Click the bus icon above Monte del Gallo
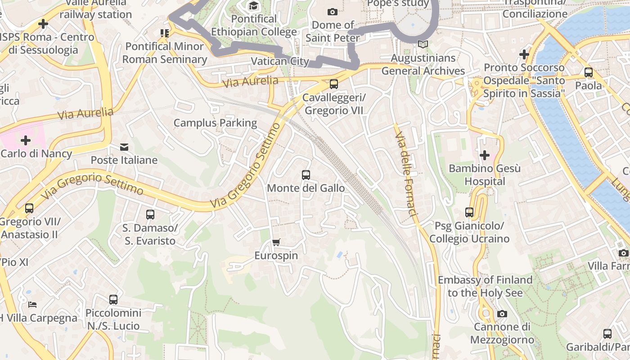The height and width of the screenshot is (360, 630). pyautogui.click(x=306, y=175)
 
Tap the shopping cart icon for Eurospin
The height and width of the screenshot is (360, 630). pyautogui.click(x=276, y=243)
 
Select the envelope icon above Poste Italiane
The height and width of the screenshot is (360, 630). pyautogui.click(x=124, y=147)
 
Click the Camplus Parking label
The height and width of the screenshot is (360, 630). pyautogui.click(x=215, y=123)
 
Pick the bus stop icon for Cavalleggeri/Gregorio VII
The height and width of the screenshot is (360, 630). pyautogui.click(x=333, y=84)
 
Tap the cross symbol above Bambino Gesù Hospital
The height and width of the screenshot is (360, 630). pyautogui.click(x=485, y=156)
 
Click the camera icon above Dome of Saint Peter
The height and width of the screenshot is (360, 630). pyautogui.click(x=333, y=12)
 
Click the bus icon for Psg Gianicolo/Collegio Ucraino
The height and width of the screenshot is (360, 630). pyautogui.click(x=469, y=212)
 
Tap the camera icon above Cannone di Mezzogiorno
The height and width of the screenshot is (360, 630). pyautogui.click(x=502, y=314)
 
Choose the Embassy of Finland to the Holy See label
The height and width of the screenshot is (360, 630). pyautogui.click(x=485, y=286)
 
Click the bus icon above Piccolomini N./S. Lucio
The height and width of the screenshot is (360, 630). pyautogui.click(x=113, y=300)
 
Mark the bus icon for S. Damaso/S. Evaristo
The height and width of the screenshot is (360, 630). pyautogui.click(x=150, y=215)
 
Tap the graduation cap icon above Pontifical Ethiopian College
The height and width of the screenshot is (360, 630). pyautogui.click(x=254, y=6)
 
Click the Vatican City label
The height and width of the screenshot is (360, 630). pyautogui.click(x=280, y=61)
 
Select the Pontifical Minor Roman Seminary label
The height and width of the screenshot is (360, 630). pyautogui.click(x=165, y=53)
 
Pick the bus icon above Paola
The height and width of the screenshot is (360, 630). pyautogui.click(x=588, y=72)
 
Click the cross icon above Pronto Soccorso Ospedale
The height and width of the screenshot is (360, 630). pyautogui.click(x=524, y=54)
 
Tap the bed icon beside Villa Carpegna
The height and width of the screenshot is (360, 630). pyautogui.click(x=32, y=305)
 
